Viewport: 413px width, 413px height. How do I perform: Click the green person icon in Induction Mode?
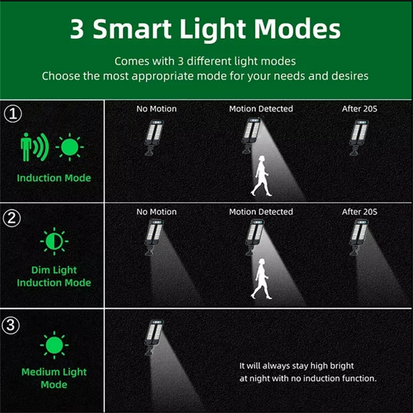click(27, 147)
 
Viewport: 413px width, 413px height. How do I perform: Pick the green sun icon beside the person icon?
click(70, 147)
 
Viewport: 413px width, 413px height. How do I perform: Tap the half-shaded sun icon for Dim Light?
click(54, 241)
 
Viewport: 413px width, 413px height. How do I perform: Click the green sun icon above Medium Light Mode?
click(54, 345)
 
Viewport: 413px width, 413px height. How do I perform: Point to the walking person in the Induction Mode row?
click(261, 176)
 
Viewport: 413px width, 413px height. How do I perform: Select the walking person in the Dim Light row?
click(261, 279)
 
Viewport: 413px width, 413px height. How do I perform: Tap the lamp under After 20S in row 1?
click(359, 137)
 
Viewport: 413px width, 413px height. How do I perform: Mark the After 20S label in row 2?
click(359, 212)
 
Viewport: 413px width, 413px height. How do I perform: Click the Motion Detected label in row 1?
click(261, 108)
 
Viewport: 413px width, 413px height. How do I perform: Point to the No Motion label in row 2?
click(156, 212)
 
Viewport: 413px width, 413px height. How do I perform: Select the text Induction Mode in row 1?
click(54, 178)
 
